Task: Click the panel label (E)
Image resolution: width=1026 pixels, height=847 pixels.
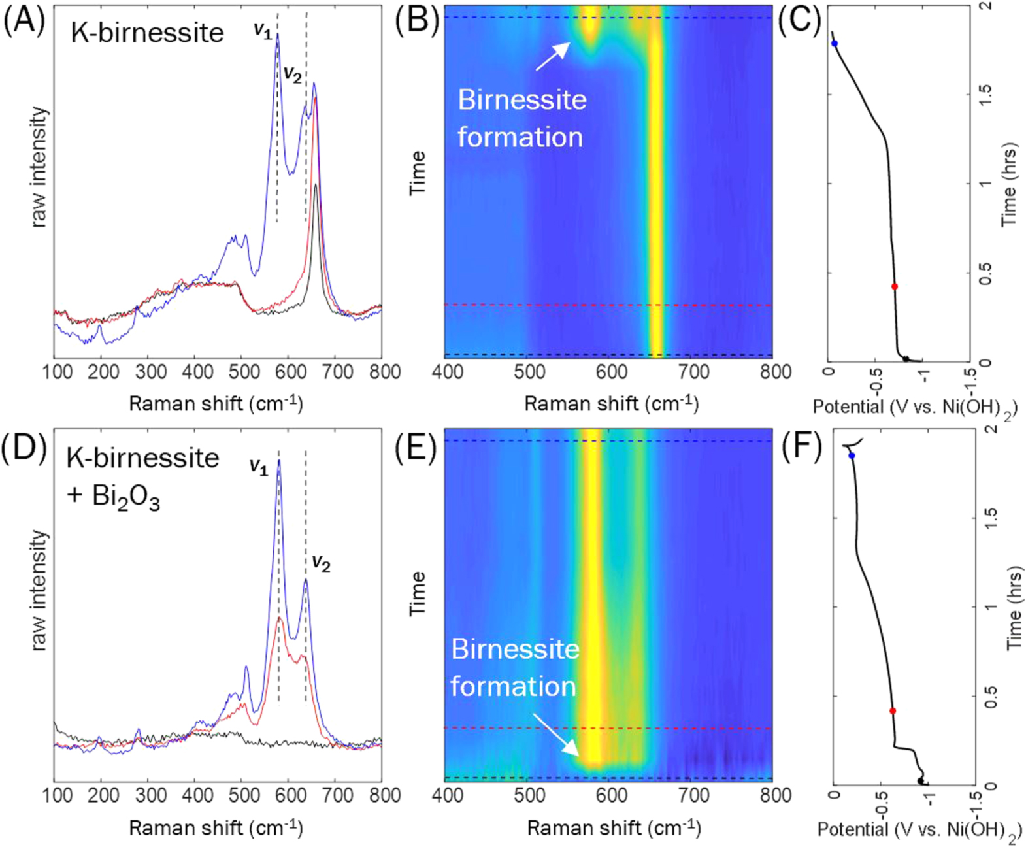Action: point(416,449)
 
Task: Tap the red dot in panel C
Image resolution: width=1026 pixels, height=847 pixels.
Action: point(895,286)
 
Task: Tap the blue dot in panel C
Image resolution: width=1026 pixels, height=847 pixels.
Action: point(835,44)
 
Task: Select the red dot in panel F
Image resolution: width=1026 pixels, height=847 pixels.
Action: point(893,710)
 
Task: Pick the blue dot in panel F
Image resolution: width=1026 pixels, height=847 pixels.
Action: point(852,456)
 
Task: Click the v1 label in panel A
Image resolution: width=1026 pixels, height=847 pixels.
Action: point(263,30)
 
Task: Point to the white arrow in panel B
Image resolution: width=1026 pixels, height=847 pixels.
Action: point(553,56)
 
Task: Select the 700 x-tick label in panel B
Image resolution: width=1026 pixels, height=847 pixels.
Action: point(693,373)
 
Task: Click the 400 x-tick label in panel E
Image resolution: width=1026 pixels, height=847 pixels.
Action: point(448,795)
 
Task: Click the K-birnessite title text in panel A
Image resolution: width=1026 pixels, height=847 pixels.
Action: point(147,33)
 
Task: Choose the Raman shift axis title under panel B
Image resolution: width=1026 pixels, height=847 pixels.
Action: point(611,404)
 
